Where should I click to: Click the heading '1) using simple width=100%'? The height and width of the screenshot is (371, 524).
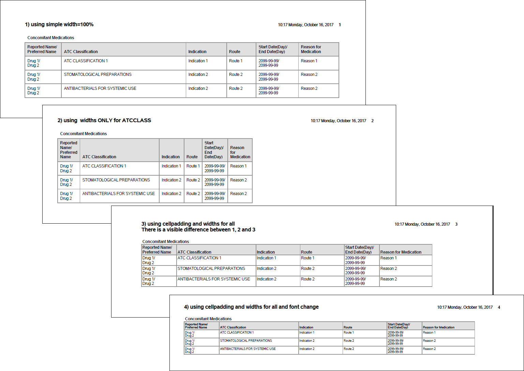click(59, 25)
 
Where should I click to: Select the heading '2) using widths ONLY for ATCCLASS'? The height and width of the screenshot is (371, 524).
click(104, 120)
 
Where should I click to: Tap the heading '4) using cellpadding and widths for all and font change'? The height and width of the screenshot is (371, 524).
click(251, 307)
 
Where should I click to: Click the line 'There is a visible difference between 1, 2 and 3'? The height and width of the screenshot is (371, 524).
click(198, 230)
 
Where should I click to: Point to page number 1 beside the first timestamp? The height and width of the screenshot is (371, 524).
click(340, 25)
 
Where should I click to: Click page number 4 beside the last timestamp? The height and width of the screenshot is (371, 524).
click(499, 307)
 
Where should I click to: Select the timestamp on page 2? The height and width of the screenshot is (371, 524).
click(338, 121)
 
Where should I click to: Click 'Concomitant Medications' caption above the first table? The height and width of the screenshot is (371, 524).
click(51, 38)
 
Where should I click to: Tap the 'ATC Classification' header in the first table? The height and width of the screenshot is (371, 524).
click(81, 52)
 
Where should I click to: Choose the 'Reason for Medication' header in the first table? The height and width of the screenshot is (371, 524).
click(311, 49)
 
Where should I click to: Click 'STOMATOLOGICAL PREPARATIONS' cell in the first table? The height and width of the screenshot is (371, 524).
click(98, 75)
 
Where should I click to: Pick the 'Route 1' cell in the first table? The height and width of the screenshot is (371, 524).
click(236, 61)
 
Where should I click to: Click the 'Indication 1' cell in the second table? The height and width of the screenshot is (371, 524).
click(171, 166)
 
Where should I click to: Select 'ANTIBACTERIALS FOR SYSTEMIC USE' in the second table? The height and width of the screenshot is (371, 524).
click(118, 194)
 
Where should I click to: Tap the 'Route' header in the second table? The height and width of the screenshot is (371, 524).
click(192, 157)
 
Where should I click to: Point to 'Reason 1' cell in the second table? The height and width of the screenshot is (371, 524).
click(238, 166)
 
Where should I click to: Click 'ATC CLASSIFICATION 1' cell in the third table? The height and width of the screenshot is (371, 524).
click(199, 258)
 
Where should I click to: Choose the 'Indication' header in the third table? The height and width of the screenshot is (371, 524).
click(266, 252)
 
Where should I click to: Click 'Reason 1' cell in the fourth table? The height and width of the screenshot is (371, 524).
click(429, 333)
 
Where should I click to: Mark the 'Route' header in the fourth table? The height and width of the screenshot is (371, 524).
click(348, 327)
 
